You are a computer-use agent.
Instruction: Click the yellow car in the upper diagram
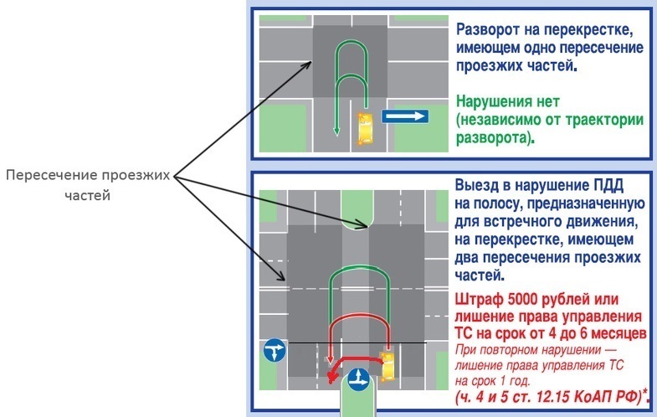point(365,129)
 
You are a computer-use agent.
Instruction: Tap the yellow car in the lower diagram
point(388,367)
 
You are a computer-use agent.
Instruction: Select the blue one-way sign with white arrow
point(405,116)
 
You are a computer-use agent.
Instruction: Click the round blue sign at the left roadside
point(275,350)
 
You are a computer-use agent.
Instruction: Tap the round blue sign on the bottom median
point(359,379)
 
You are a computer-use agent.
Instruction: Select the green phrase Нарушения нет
point(508,101)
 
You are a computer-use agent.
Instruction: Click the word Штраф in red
point(480,300)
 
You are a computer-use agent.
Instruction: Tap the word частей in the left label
point(88,195)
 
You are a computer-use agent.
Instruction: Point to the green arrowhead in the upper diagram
point(336,131)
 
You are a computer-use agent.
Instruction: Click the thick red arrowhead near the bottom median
point(332,377)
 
